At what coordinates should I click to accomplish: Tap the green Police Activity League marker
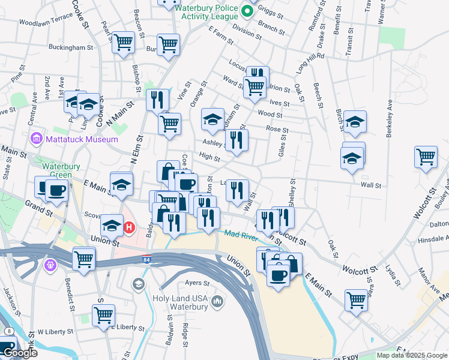pos(247,10)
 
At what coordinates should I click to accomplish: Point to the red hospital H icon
pos(129,227)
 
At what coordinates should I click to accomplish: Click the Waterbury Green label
pos(56,171)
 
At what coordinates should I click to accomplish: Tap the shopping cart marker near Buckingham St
pos(123,43)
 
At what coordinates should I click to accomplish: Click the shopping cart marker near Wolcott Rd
pos(426,157)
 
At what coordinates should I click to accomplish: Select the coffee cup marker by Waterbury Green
pos(56,191)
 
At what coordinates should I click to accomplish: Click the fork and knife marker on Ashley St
pos(237,140)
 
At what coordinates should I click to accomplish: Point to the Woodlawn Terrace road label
pos(46,22)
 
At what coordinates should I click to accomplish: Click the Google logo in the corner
pos(20,353)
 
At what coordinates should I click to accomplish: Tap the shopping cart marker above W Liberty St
pos(103,314)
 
